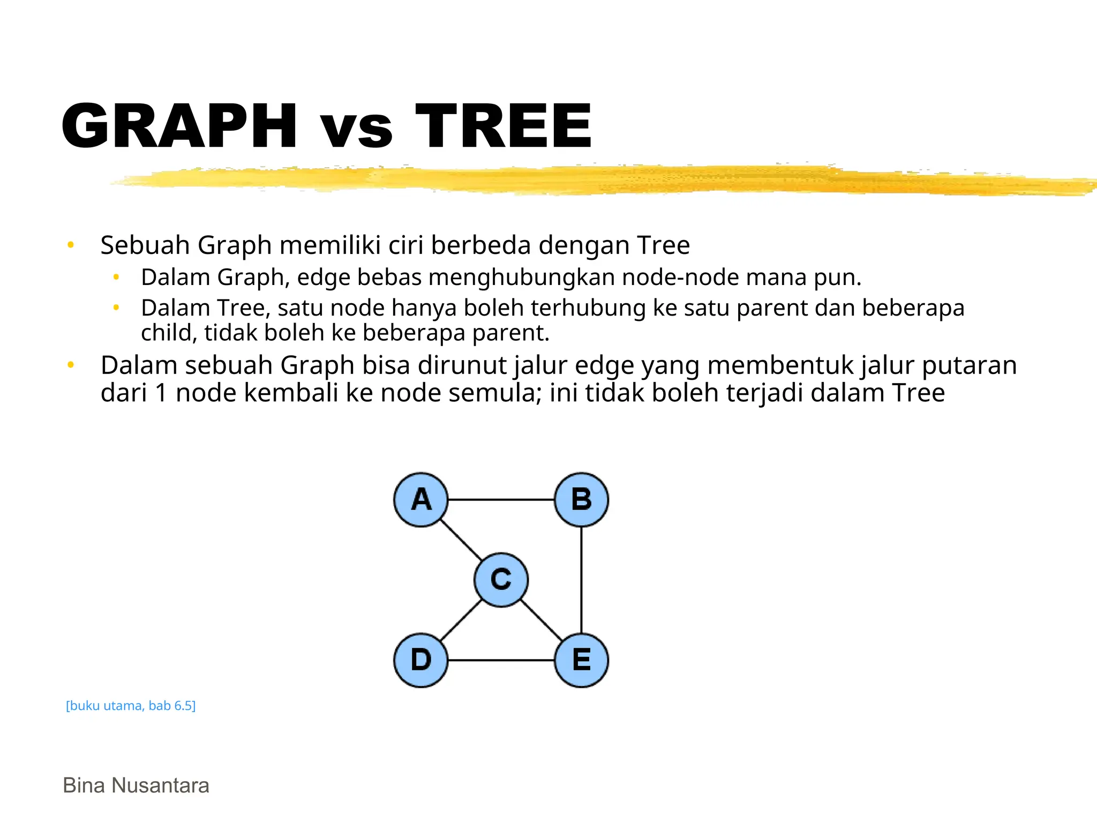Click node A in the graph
(421, 499)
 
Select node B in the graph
(581, 499)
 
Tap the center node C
(501, 580)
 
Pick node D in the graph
(421, 660)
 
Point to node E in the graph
(581, 660)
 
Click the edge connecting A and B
(501, 499)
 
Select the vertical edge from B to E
(581, 580)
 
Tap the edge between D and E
(501, 660)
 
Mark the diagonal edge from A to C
(461, 540)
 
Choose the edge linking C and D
(461, 619)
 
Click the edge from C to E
(541, 620)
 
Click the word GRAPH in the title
(179, 126)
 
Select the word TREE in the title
(504, 126)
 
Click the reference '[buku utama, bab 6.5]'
(131, 706)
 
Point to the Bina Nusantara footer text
(136, 785)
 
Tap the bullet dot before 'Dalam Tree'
(116, 308)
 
